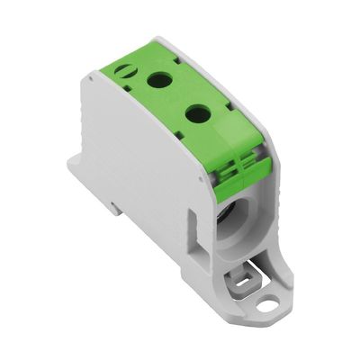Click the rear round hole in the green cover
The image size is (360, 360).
(161, 80)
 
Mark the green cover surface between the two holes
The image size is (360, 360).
(177, 96)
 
